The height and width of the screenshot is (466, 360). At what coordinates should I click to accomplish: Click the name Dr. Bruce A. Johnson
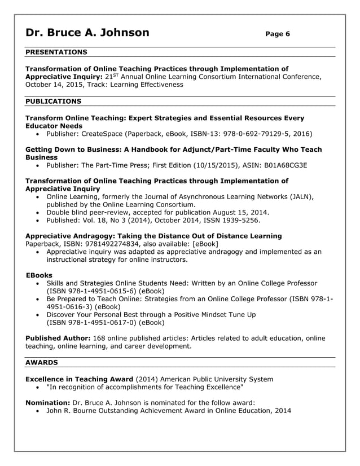(x=87, y=33)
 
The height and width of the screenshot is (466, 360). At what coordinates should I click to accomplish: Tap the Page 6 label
(x=277, y=34)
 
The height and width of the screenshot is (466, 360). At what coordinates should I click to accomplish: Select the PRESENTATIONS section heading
(x=56, y=52)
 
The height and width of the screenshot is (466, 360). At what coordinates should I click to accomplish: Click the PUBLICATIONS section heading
(x=54, y=102)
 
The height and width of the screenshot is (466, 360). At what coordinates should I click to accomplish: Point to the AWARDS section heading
(x=42, y=362)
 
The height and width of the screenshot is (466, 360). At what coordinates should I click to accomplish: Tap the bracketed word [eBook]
(x=205, y=244)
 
